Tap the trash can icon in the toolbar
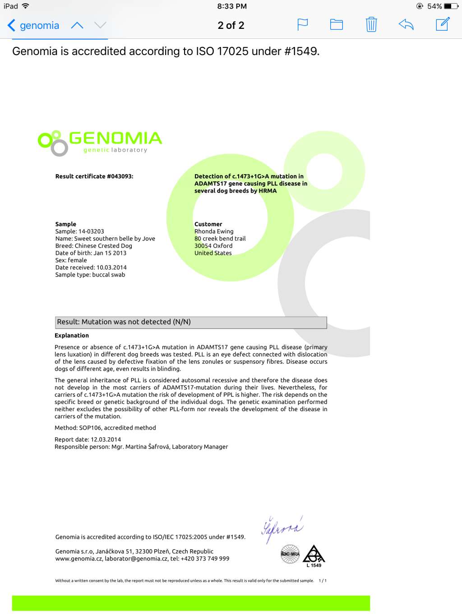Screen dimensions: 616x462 point(371,24)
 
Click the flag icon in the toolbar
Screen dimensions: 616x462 point(302,24)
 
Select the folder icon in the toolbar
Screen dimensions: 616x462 point(337,24)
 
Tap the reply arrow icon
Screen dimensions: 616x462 point(406,24)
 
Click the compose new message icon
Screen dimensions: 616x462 point(443,24)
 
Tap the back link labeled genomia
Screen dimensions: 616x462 point(34,25)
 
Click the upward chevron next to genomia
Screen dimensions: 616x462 point(77,25)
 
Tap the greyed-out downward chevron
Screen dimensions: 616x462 point(100,25)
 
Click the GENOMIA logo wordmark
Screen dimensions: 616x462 point(115,139)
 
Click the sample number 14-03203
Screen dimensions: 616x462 point(91,232)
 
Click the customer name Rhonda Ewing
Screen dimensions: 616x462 point(214,232)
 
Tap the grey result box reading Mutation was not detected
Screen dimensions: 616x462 point(190,322)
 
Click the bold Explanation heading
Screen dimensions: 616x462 point(72,335)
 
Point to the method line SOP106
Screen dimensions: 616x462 point(105,428)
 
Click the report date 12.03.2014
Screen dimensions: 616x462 point(106,440)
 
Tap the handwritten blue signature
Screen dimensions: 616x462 point(282,528)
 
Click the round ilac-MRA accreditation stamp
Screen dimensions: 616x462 point(290,554)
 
